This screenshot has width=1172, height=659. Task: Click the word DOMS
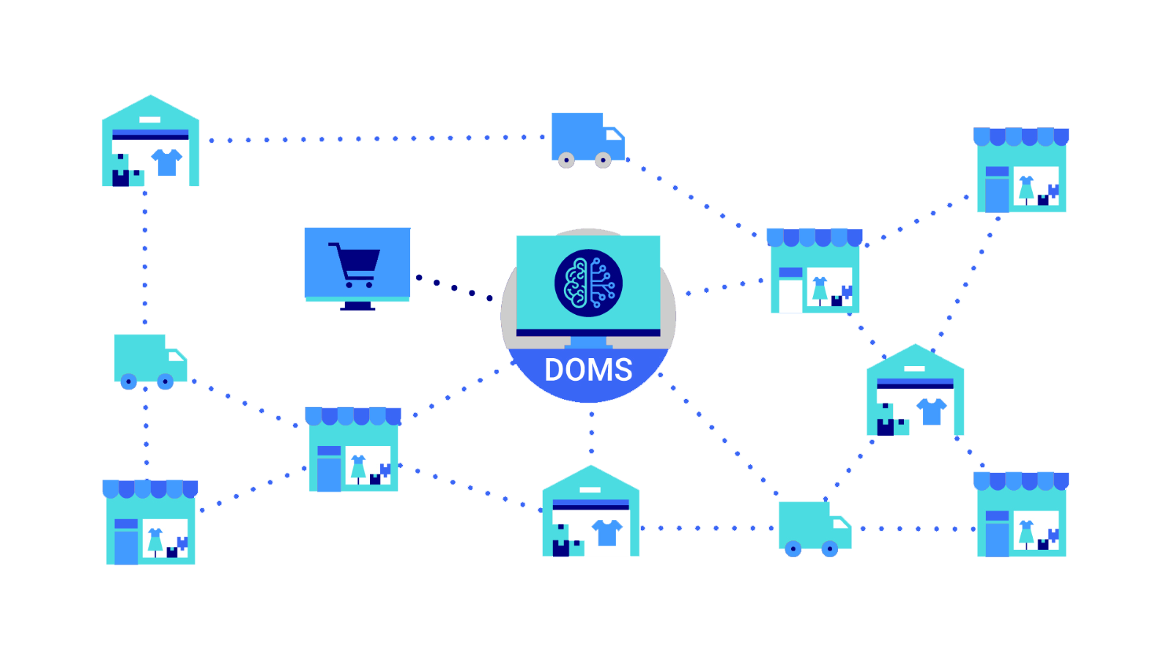click(x=588, y=370)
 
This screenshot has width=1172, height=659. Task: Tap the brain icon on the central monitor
click(x=588, y=283)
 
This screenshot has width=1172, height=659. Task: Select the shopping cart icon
click(x=355, y=265)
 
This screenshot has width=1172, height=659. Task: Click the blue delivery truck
click(x=588, y=140)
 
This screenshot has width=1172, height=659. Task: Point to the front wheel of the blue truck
click(x=603, y=160)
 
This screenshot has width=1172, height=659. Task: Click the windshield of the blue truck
click(x=615, y=135)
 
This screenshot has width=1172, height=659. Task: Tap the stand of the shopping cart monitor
click(x=357, y=306)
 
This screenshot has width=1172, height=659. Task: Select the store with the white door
click(x=815, y=270)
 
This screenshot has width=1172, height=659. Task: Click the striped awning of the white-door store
click(x=815, y=237)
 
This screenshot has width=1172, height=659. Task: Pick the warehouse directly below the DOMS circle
click(x=590, y=510)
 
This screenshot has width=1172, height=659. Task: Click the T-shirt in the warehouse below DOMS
click(x=607, y=532)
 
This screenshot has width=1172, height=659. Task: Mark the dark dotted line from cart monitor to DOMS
click(x=454, y=288)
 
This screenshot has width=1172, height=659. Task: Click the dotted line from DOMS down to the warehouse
click(x=591, y=433)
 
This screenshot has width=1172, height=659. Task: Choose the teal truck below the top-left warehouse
click(x=151, y=362)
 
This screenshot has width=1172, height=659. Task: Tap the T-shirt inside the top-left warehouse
click(x=167, y=162)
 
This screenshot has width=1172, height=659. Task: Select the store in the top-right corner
click(x=1021, y=170)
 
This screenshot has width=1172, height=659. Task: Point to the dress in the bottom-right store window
click(x=1026, y=534)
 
